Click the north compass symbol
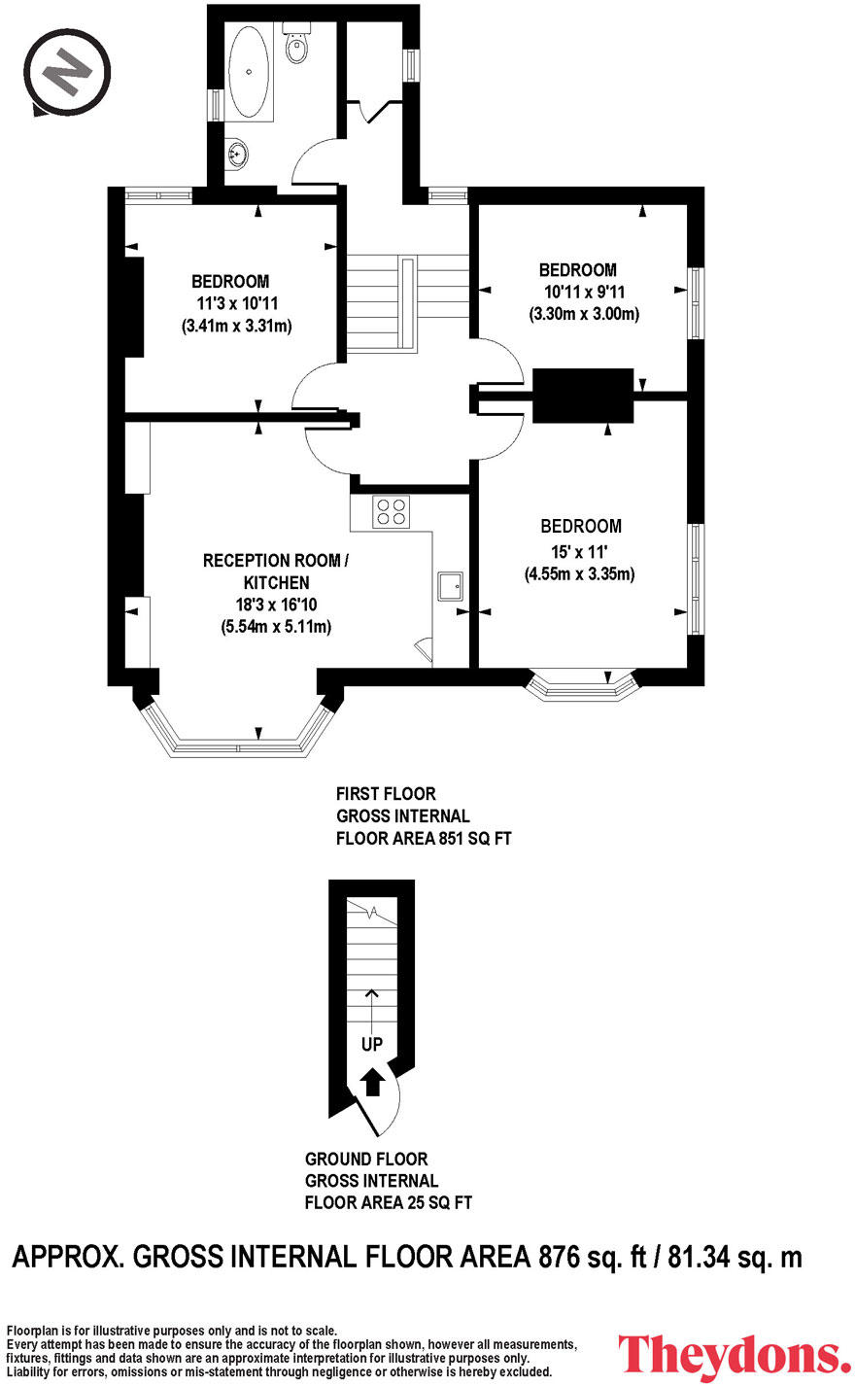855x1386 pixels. (67, 72)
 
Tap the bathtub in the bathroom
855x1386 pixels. (249, 72)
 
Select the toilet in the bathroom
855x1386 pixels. (296, 43)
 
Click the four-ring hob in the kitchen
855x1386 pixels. (391, 511)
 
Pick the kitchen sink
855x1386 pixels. (451, 586)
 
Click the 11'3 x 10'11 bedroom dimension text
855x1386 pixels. (237, 304)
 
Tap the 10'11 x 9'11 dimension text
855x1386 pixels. (584, 292)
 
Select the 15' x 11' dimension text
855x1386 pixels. (580, 551)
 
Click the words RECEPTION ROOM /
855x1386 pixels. (276, 561)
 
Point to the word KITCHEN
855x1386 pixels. (277, 583)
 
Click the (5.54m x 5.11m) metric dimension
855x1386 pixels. (276, 626)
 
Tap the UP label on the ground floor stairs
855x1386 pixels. (372, 1045)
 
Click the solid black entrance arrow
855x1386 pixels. (372, 1083)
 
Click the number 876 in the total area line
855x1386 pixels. (560, 1257)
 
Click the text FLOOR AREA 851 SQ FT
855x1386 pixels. (424, 839)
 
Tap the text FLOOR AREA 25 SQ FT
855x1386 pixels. (389, 1203)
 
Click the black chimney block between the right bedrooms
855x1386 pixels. (583, 396)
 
